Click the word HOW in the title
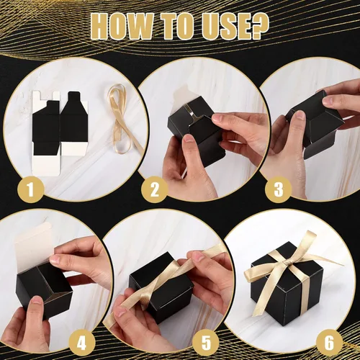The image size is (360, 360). click(126, 27)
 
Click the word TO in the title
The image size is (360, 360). click(178, 27)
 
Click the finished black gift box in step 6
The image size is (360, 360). click(284, 288)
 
